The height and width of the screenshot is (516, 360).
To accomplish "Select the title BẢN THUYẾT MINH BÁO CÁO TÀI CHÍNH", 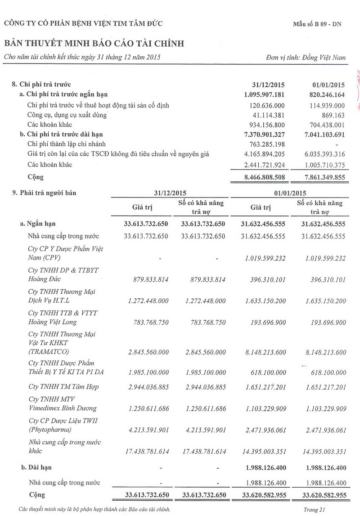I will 94,43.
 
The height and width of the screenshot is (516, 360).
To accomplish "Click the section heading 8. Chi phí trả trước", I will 41,84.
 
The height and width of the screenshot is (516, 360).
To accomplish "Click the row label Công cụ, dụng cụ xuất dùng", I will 67,115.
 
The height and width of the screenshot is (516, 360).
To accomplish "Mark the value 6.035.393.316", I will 320,154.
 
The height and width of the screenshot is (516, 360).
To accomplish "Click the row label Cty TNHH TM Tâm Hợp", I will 63,387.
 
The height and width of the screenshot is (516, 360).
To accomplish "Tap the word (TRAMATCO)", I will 46,350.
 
